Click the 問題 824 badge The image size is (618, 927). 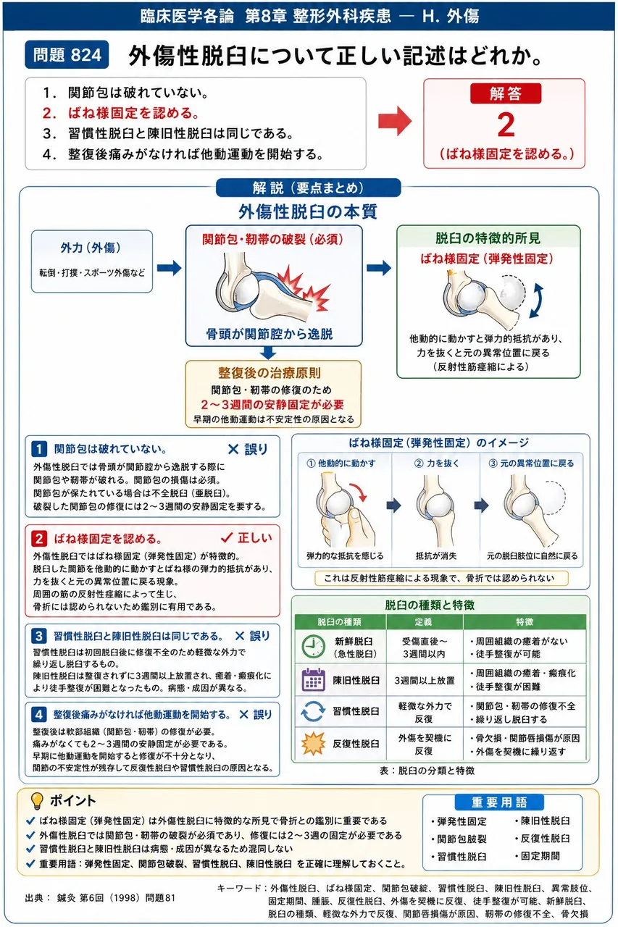[x=67, y=54]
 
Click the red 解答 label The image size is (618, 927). [x=506, y=93]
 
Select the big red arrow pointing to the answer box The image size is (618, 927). [x=395, y=121]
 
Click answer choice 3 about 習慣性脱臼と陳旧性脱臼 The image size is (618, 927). [x=168, y=134]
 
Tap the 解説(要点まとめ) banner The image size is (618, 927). [x=309, y=188]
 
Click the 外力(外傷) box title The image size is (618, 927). [x=91, y=248]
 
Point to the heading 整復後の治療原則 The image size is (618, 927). [x=270, y=373]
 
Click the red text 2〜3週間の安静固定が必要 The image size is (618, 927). [x=273, y=404]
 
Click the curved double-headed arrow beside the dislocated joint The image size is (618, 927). [x=537, y=301]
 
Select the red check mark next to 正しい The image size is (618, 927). [x=227, y=537]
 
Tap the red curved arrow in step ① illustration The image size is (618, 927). [x=359, y=491]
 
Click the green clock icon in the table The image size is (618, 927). [x=313, y=647]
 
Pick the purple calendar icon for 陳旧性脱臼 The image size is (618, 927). [x=313, y=679]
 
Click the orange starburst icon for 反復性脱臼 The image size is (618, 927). [x=313, y=744]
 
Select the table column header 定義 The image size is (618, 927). [x=424, y=621]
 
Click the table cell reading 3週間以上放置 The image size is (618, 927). [x=425, y=680]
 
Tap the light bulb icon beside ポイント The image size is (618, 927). [x=37, y=801]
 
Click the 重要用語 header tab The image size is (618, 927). [x=499, y=802]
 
